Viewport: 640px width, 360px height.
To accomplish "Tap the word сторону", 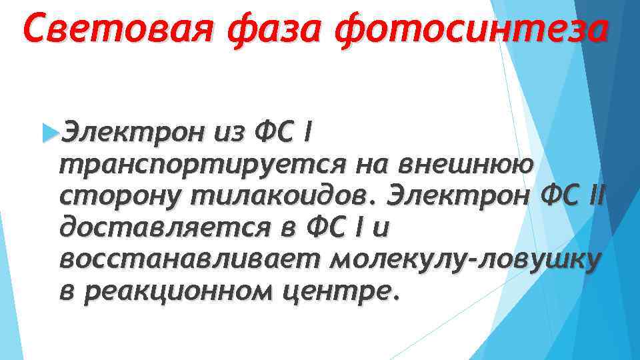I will pos(120,196).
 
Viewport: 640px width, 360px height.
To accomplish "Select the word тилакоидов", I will pos(277,196).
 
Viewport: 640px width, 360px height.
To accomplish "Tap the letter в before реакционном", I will pos(68,291).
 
